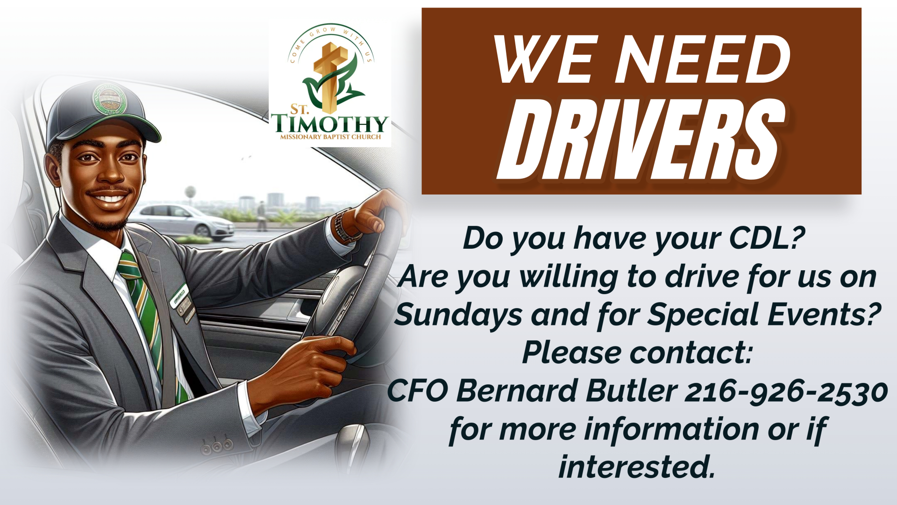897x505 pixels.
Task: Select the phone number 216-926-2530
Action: coord(786,391)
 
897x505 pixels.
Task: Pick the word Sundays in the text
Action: coord(458,316)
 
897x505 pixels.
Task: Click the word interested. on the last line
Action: coord(637,467)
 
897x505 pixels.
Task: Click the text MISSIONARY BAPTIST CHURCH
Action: coord(330,137)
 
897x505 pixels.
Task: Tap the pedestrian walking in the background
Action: coord(262,216)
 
